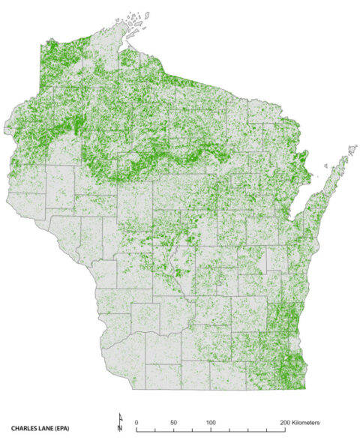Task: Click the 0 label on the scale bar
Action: [136, 423]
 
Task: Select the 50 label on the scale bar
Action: [173, 423]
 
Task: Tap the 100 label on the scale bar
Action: [211, 423]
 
